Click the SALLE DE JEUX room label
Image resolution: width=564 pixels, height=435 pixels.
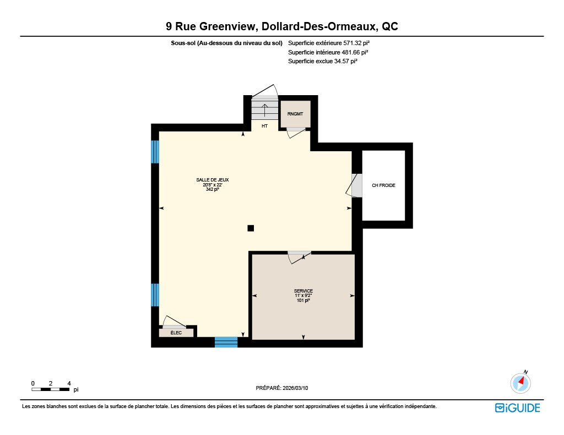212,180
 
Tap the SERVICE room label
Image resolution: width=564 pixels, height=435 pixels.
303,291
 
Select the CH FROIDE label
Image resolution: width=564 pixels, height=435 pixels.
383,185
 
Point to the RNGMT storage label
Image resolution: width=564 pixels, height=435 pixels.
295,114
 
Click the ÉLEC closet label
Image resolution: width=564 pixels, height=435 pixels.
176,333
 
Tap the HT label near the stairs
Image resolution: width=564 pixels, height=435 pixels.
264,126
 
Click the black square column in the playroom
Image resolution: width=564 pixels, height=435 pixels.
251,228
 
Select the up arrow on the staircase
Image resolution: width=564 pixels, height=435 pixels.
264,111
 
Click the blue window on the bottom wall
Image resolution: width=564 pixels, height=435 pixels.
226,342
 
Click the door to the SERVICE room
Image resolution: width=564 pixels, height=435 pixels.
299,256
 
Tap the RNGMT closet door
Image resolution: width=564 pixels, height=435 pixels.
296,132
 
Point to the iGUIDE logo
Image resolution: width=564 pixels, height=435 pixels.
518,408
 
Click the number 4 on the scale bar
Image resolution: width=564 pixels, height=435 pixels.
69,383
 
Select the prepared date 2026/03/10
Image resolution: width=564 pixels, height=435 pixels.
295,388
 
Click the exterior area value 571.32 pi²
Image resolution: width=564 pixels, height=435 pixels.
356,43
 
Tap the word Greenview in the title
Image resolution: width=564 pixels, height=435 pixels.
227,26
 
